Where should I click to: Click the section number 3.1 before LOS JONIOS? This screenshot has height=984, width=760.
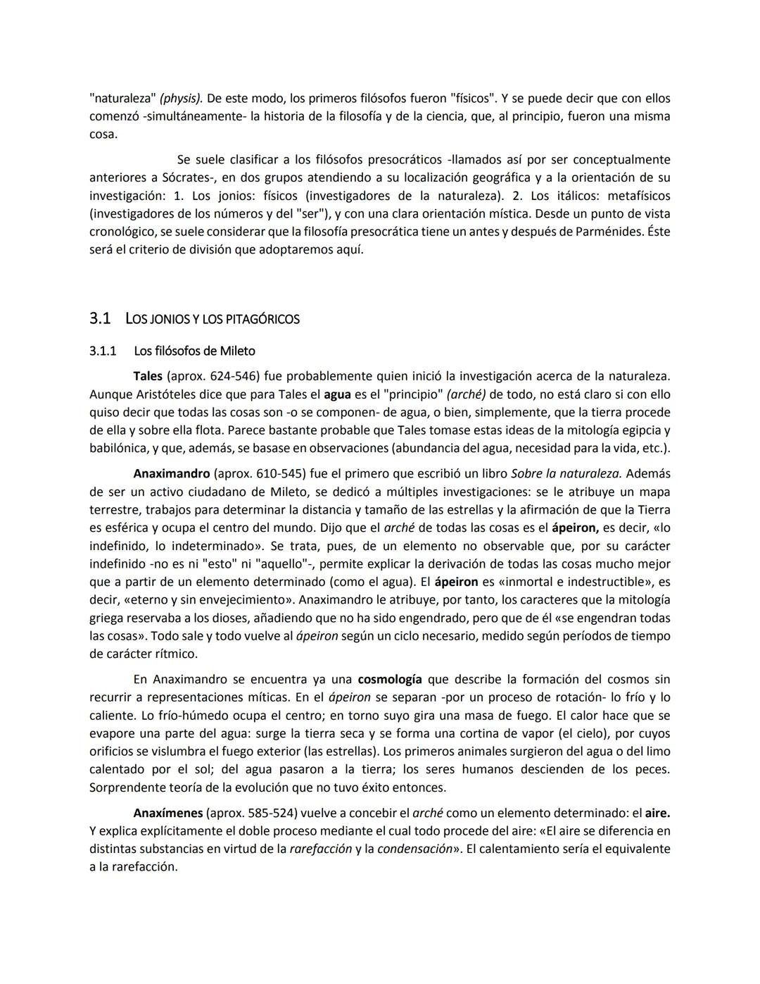coord(100,319)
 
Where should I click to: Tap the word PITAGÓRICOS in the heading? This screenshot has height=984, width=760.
coord(261,320)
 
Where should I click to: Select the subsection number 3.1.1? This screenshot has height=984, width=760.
coord(103,351)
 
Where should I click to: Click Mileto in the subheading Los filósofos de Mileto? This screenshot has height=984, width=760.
coord(237,351)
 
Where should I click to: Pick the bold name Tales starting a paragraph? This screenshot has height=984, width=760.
coord(148,376)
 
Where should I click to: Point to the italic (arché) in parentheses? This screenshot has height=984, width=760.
coord(466,394)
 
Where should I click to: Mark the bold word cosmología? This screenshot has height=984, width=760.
coord(390,680)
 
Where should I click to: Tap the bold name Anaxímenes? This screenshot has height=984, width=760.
coord(167,813)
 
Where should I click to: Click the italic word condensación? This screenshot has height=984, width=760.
coord(414,849)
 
